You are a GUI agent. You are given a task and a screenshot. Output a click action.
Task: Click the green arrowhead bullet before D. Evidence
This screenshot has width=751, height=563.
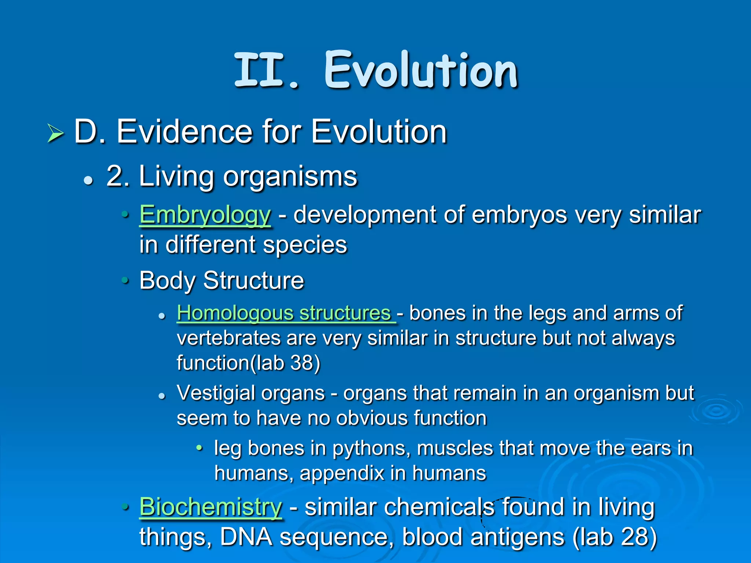click(x=55, y=133)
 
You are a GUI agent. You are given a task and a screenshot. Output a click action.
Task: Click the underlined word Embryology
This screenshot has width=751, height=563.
click(x=205, y=215)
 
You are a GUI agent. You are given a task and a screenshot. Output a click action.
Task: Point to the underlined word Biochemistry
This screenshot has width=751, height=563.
click(x=210, y=507)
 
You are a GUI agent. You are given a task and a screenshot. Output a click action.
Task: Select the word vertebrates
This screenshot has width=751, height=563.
click(x=228, y=338)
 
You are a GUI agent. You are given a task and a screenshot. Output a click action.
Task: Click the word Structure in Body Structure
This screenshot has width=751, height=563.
click(x=253, y=281)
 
